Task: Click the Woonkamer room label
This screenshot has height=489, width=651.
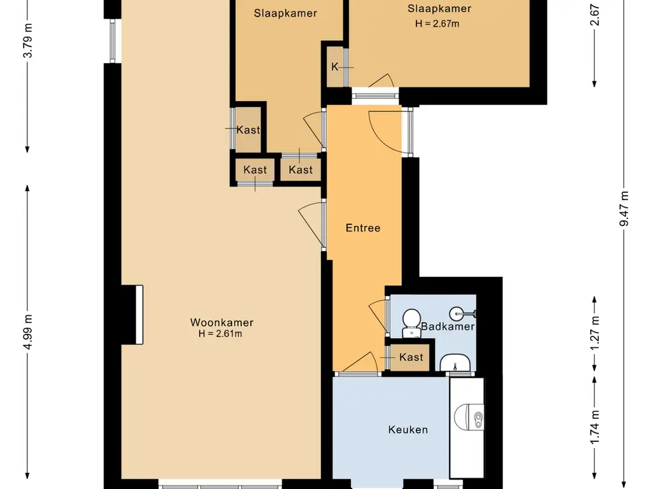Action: [222, 322]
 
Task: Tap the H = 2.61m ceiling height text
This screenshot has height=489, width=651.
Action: [220, 334]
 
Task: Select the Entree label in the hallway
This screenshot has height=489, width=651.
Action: [363, 228]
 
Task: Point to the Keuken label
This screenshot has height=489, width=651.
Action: [408, 430]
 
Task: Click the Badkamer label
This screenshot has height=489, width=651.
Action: [448, 327]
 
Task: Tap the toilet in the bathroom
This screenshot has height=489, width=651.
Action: [411, 323]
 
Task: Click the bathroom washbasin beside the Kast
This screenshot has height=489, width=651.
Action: [455, 362]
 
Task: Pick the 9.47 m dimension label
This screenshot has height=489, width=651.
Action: [624, 208]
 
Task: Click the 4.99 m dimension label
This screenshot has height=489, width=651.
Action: [27, 332]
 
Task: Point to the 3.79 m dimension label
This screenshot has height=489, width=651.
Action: [27, 41]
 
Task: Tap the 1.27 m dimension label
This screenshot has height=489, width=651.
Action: [595, 333]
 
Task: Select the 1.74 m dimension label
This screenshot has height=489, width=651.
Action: [595, 427]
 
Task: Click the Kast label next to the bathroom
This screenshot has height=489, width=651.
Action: [411, 357]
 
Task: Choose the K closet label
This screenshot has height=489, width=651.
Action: [334, 66]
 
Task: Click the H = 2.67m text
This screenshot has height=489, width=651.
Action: [437, 24]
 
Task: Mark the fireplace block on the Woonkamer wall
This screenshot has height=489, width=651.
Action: [132, 315]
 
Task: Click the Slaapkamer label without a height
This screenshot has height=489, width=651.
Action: [285, 13]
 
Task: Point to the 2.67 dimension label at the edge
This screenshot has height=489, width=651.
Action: [595, 15]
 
